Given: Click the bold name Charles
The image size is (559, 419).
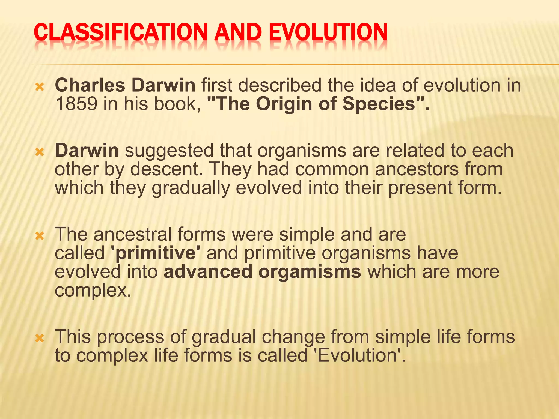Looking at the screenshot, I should click(90, 85).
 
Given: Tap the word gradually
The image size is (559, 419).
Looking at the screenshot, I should click(191, 188).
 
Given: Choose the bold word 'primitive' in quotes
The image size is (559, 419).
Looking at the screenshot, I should click(156, 253).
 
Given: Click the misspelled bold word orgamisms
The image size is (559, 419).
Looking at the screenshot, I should click(310, 272).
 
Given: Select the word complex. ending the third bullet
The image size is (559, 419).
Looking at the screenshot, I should click(93, 291).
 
